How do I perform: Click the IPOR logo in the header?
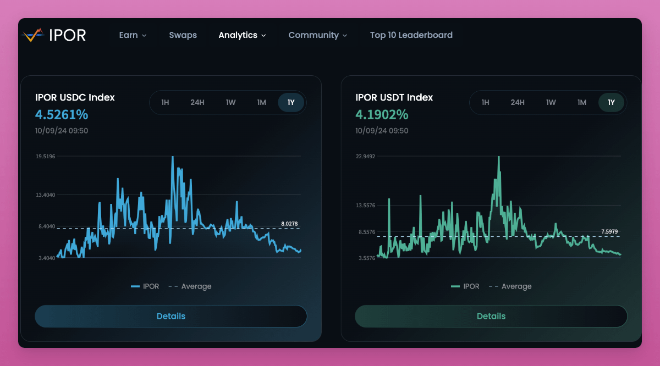54,35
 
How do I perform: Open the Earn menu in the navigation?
133,35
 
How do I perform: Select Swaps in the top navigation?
183,35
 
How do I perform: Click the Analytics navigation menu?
242,35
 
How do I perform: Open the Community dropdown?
317,35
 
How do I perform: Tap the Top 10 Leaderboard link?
411,35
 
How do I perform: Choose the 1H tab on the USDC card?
165,103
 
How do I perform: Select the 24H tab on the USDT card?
517,103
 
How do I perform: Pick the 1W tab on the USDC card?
230,103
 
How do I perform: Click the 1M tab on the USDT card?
581,103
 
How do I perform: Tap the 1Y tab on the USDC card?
291,103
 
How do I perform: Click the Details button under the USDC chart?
170,316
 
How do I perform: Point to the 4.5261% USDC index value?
62,115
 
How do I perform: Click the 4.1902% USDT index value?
382,115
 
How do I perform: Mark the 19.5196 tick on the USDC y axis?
45,157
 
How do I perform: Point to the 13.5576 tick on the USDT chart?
365,206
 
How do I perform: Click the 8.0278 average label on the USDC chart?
289,224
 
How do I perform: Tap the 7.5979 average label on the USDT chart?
609,232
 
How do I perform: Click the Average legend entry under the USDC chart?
190,286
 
